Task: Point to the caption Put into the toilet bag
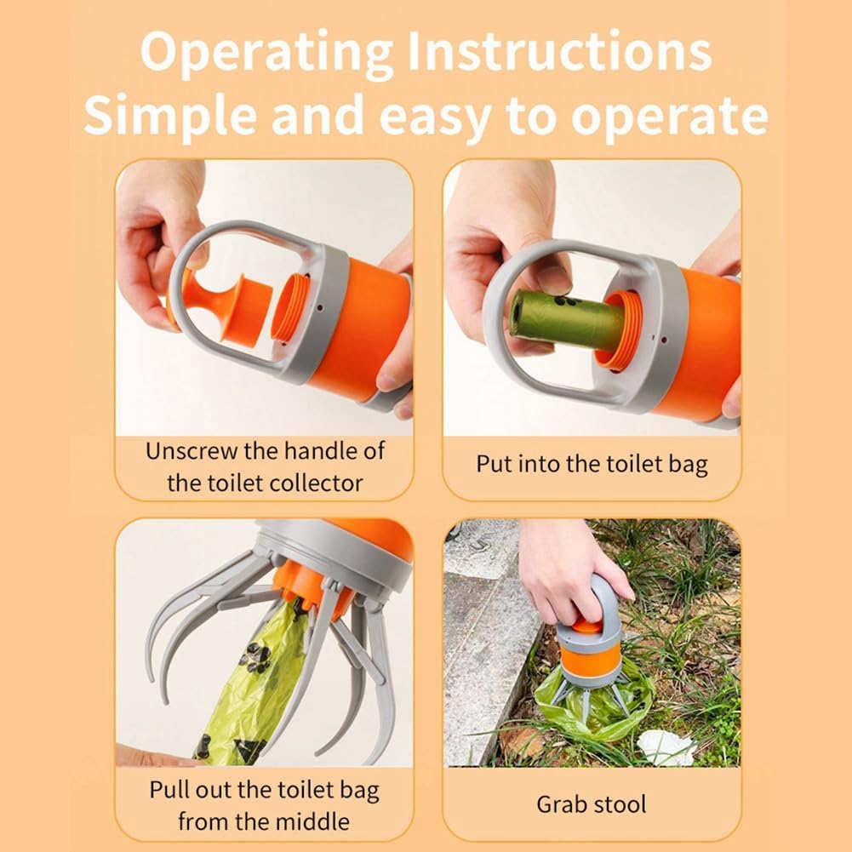[592, 465]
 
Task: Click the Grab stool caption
[592, 805]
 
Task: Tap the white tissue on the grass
[666, 747]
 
